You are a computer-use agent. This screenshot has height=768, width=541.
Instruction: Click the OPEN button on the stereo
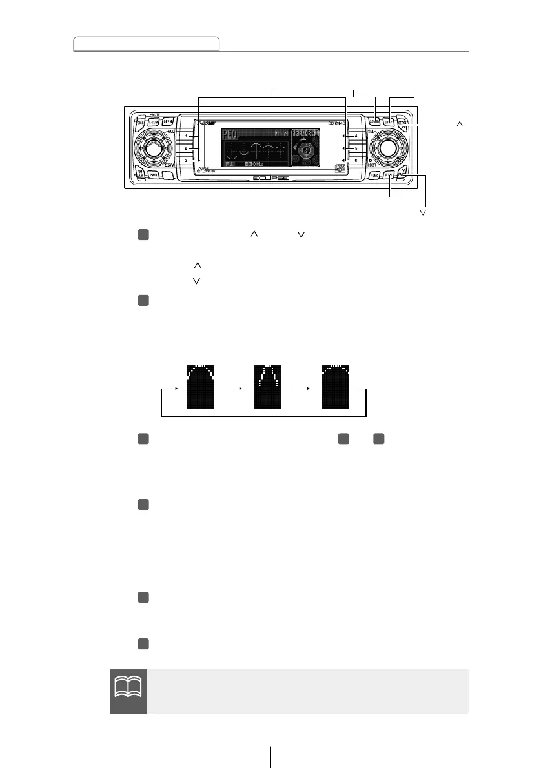[x=167, y=121]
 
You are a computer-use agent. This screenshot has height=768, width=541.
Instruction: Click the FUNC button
[x=374, y=175]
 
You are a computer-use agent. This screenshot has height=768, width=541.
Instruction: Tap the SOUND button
[x=374, y=121]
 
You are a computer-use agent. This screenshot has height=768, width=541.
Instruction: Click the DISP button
[x=389, y=121]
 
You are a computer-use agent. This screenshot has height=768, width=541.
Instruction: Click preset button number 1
[x=187, y=136]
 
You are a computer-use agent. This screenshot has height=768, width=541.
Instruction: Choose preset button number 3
[x=187, y=160]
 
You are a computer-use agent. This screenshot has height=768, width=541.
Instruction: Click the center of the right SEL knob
[x=387, y=148]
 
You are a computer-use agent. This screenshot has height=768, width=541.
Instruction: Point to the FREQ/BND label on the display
[x=305, y=133]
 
